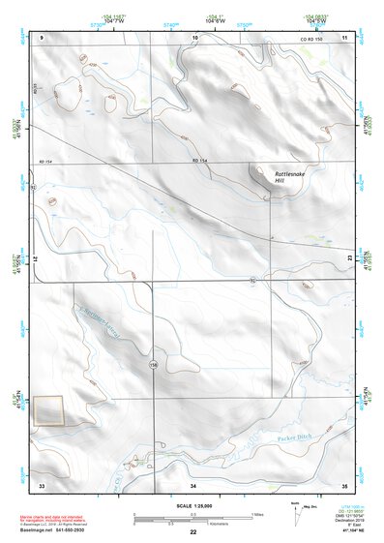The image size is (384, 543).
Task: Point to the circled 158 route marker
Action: tap(153, 365)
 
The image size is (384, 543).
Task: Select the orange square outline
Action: tap(48, 410)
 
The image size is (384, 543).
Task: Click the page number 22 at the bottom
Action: tap(192, 532)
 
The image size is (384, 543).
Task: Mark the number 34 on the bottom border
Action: tap(193, 483)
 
